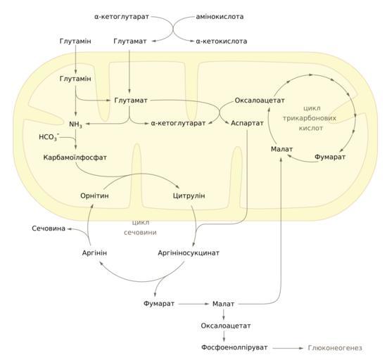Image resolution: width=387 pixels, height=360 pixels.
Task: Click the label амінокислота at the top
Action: coord(220,16)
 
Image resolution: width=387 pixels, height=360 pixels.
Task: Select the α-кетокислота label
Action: coord(222,41)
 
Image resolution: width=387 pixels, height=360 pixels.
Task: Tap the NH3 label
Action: coord(75,124)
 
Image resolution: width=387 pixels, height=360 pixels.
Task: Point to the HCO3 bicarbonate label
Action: coord(49,137)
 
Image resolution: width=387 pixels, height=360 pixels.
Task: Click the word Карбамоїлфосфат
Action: coord(75,157)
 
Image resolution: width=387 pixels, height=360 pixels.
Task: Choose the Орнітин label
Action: coord(94,195)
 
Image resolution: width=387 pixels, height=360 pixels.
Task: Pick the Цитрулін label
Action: coord(189,195)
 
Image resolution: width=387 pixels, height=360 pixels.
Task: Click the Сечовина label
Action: coord(49,229)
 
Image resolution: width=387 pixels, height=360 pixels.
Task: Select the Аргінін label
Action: coord(94,252)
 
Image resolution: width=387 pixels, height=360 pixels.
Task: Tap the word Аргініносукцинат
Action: coord(189,252)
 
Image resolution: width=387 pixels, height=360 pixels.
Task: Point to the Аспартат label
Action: coord(247,123)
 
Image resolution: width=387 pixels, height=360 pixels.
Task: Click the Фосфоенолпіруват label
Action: coord(234,347)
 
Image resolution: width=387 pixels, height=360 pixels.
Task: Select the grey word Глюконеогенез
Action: coord(335,348)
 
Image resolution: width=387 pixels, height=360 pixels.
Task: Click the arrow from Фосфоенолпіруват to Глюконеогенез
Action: coord(288,348)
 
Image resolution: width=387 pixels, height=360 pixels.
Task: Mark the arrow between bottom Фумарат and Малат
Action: coord(193,304)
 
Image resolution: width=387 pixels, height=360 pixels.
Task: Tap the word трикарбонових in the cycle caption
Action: coord(310,118)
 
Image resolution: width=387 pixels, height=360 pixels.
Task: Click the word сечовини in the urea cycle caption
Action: coord(140,233)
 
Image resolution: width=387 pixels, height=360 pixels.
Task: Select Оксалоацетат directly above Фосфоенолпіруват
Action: coord(226,326)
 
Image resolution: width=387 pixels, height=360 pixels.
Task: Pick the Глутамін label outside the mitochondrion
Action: coord(75,41)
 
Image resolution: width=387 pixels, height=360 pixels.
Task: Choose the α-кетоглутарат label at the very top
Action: coord(122,16)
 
